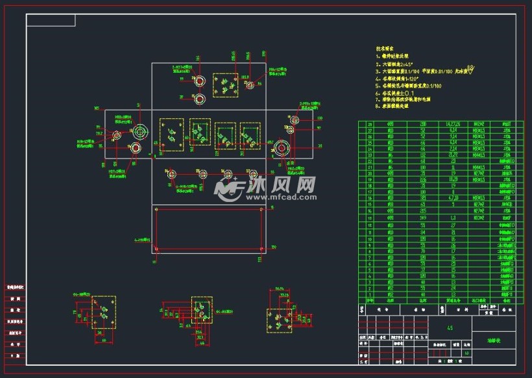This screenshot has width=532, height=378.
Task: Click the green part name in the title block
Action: pyautogui.click(x=495, y=340)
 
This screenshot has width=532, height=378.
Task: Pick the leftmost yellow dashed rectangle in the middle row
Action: pyautogui.click(x=171, y=134)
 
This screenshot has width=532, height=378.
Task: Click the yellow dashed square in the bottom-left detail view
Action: pyautogui.click(x=103, y=314)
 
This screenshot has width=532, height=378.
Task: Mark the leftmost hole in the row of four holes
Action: pyautogui.click(x=173, y=173)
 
